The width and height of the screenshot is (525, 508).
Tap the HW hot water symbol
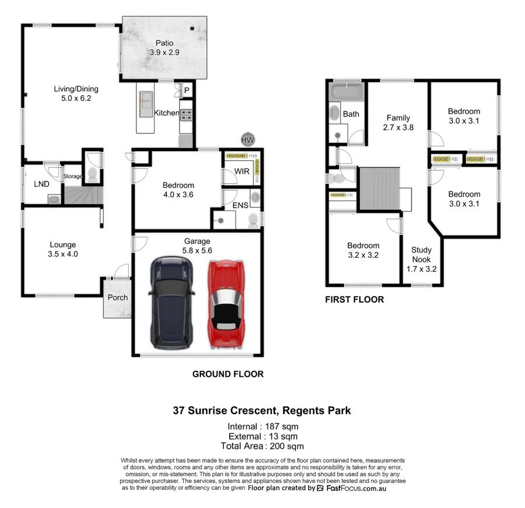(x=248, y=140)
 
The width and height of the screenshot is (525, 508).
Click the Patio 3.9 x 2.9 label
(x=163, y=47)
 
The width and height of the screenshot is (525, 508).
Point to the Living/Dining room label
(x=76, y=93)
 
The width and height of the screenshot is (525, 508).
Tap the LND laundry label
(x=41, y=184)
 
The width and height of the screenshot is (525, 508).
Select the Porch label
(x=117, y=297)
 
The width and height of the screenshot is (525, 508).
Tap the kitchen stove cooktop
(x=187, y=114)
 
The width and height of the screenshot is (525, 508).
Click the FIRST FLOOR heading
(x=355, y=300)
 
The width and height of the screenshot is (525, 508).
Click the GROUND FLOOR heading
(x=228, y=374)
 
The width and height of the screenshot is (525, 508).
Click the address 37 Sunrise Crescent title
(x=262, y=411)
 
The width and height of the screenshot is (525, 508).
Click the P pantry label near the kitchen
(x=187, y=90)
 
